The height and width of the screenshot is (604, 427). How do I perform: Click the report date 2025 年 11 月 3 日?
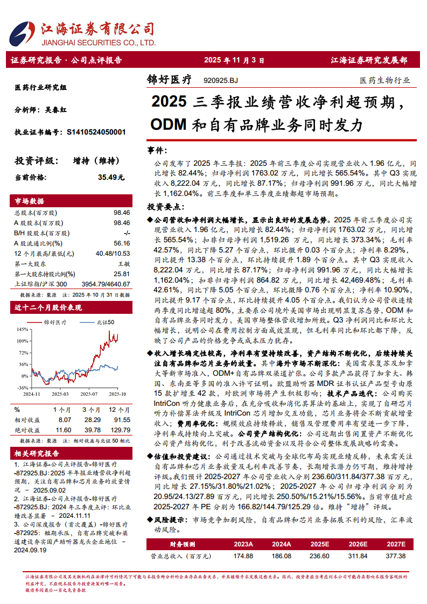click(234, 60)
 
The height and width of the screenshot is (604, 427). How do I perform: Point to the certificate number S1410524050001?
click(96, 131)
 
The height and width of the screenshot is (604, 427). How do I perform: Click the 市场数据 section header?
click(30, 201)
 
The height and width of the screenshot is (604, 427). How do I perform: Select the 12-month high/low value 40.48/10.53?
click(113, 254)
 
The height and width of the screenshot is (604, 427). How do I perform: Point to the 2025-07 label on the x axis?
click(89, 394)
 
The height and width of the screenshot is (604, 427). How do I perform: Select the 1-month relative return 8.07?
click(65, 419)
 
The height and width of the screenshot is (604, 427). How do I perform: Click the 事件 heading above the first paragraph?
click(157, 150)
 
